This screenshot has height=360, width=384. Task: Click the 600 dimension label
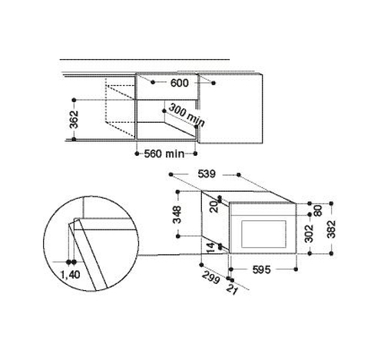tap(179, 83)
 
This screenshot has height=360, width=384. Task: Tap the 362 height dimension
tap(74, 120)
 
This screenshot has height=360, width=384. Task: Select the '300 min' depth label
tap(187, 114)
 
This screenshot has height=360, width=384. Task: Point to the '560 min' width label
tap(164, 154)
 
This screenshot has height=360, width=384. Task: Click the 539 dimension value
tap(207, 174)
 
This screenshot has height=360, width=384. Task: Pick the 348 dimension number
tap(177, 214)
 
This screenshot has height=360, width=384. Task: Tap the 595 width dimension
tap(261, 269)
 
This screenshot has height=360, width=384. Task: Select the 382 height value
tap(332, 229)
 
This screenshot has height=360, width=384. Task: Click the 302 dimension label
tap(310, 233)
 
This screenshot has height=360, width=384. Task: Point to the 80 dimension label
tap(318, 211)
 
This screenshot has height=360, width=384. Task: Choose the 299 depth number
tap(211, 278)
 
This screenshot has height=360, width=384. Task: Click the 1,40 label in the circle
tap(70, 275)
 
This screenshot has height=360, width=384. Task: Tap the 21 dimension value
tap(232, 289)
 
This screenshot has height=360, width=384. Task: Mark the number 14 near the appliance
tap(210, 248)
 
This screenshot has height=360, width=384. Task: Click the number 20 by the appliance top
tap(214, 206)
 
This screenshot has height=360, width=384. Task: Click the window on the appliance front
tap(263, 234)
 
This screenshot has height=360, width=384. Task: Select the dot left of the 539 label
tap(171, 174)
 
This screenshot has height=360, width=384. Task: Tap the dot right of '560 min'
tap(195, 154)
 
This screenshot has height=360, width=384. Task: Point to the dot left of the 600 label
tap(153, 82)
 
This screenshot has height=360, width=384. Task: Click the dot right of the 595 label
tap(296, 269)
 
